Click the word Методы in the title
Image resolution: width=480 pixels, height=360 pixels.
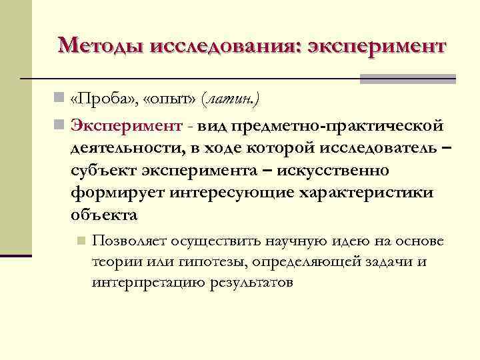101,46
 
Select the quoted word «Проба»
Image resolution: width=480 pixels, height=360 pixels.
99,99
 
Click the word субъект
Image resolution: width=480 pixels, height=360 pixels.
103,170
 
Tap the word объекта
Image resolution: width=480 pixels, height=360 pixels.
103,215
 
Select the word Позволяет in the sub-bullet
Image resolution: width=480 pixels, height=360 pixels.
129,241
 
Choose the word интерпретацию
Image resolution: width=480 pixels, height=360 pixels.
149,283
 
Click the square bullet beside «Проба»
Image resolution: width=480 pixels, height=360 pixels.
60,99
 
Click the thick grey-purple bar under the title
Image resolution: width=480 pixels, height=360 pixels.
407,79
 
